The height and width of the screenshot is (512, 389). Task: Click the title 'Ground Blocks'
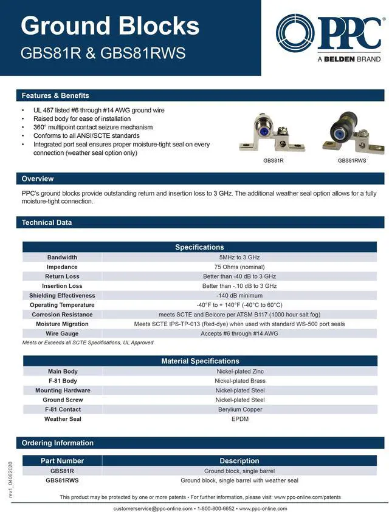click(110, 26)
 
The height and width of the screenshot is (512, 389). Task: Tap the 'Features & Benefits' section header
click(55, 95)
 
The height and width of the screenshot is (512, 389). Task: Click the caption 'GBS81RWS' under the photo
click(352, 161)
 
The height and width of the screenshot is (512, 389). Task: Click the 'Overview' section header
click(38, 179)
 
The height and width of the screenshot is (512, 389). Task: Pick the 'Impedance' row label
click(62, 267)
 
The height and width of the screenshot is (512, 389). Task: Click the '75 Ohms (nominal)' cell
click(239, 267)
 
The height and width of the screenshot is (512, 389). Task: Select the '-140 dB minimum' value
click(239, 295)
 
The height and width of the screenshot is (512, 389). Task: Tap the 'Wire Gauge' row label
click(62, 333)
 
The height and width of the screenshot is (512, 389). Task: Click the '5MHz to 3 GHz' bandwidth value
click(239, 257)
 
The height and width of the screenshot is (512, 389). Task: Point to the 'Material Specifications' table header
click(200, 361)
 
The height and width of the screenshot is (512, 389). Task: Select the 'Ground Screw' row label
click(63, 400)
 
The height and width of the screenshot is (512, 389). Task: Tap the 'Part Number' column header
click(62, 460)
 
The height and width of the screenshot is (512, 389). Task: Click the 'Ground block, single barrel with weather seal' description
click(239, 480)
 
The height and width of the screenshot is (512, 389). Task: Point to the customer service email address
click(153, 508)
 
